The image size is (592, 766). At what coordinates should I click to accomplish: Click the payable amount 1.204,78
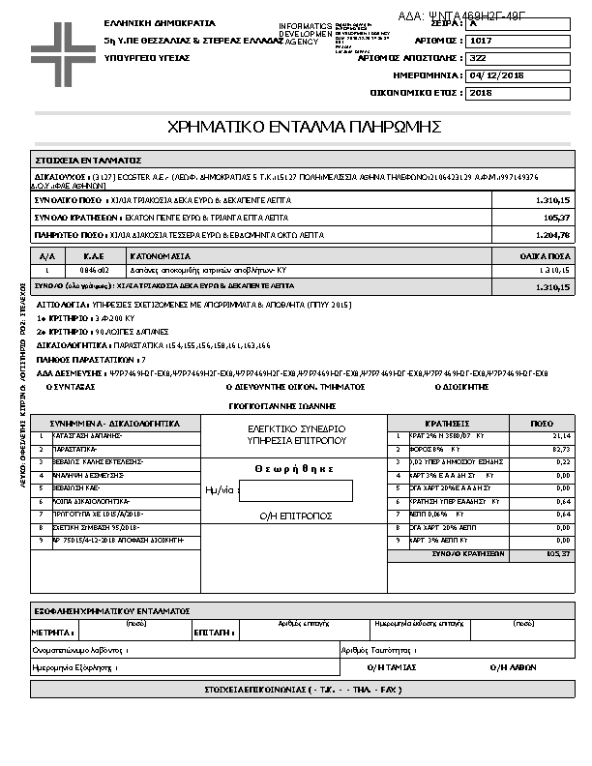[552, 235]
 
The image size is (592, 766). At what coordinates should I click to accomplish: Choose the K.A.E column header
[94, 257]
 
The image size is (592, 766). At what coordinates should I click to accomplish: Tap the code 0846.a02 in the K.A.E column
[94, 272]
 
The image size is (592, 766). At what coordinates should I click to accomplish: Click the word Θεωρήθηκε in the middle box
[294, 468]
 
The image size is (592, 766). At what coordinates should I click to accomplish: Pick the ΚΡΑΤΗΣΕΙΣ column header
[447, 424]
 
